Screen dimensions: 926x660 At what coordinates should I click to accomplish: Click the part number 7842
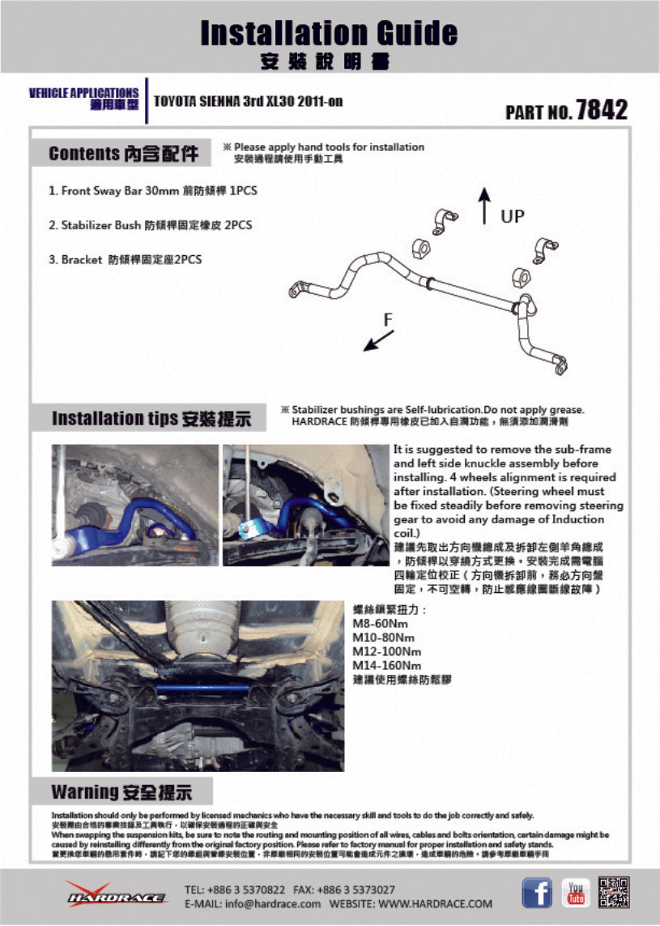coord(600,110)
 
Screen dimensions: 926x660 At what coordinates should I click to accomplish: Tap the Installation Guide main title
coord(329,33)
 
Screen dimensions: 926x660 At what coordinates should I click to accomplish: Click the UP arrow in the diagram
coord(484,205)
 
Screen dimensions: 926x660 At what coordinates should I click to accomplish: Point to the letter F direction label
coord(388,320)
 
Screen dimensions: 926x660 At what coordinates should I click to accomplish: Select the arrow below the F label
coord(374,341)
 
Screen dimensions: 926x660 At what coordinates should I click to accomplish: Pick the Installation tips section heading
coord(151,419)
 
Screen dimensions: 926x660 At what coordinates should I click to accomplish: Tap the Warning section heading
coord(121,792)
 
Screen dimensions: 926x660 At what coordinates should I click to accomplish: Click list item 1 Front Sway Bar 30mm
coord(153,191)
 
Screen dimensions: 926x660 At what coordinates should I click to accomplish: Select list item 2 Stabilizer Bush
coord(150,225)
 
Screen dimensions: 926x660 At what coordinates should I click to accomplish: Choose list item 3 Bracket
coord(126,260)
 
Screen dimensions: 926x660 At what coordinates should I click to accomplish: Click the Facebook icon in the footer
coord(536,892)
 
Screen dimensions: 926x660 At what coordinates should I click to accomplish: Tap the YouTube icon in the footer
coord(577,892)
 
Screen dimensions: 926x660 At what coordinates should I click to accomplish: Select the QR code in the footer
coord(615,892)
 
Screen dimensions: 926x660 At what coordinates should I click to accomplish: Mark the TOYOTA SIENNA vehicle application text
coord(248,101)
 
